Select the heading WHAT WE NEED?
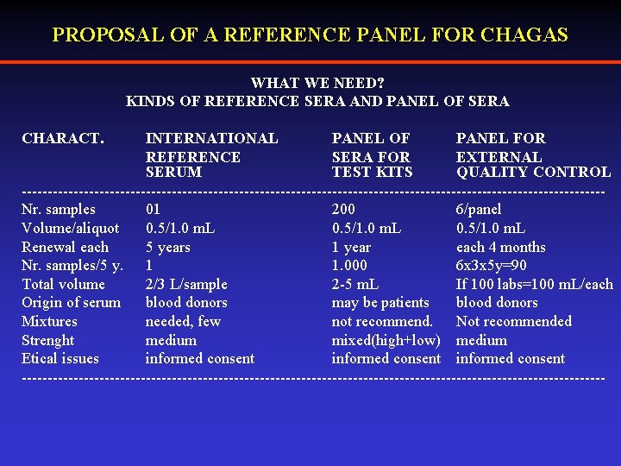coord(317,84)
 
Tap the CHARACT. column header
coord(63,138)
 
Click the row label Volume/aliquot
coord(71,229)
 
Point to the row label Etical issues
coord(60,359)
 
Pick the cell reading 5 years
coord(168,248)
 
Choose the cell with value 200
coord(343,210)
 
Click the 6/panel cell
coord(479,210)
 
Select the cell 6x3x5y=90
coord(492,266)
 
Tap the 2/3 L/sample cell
coord(186,285)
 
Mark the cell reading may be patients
coord(380,303)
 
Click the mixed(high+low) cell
coord(386,341)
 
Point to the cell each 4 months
coord(501,248)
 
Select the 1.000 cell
coord(349,266)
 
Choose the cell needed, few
coord(183,322)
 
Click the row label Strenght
coord(48,341)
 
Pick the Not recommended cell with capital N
coord(514,322)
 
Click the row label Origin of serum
coord(72,303)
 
